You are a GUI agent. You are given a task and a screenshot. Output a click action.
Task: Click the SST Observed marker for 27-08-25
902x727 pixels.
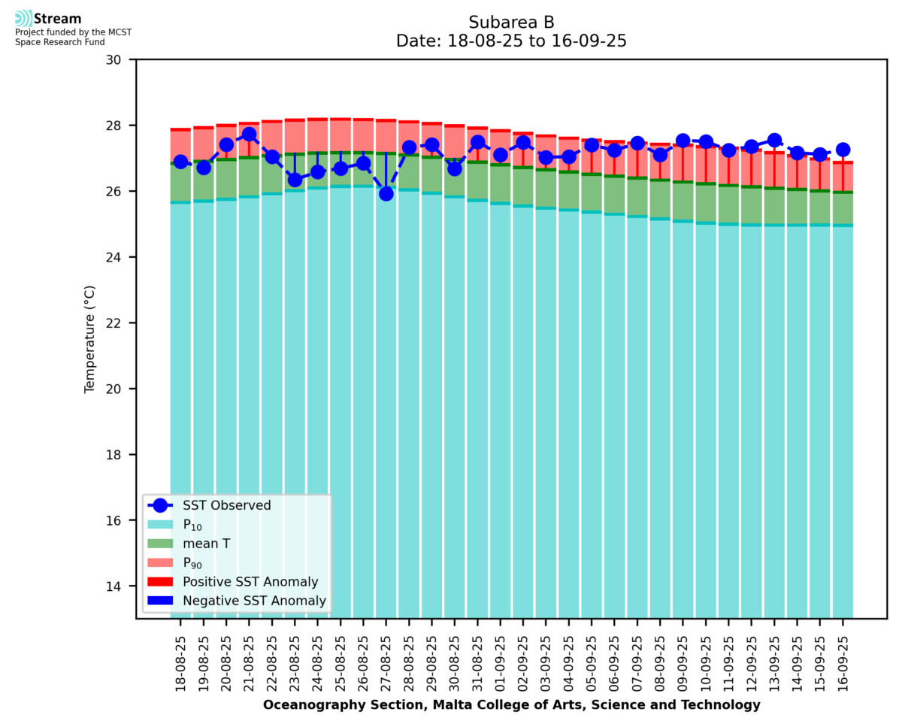(x=386, y=194)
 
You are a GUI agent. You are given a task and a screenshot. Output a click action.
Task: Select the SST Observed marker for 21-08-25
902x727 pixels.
(x=250, y=135)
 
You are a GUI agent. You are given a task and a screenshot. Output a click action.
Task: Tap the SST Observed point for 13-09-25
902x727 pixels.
(x=775, y=141)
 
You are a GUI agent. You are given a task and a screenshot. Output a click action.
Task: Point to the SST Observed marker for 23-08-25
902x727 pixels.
(x=295, y=180)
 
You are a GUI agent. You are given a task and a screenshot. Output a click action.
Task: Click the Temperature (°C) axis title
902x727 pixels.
(x=90, y=338)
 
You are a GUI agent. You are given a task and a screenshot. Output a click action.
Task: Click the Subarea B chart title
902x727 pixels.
(x=511, y=22)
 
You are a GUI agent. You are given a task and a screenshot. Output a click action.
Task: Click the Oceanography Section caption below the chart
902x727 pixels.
(x=511, y=705)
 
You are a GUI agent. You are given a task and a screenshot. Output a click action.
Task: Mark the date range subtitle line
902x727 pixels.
(x=511, y=41)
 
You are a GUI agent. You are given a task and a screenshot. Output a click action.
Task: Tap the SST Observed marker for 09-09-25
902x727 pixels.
(x=683, y=141)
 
